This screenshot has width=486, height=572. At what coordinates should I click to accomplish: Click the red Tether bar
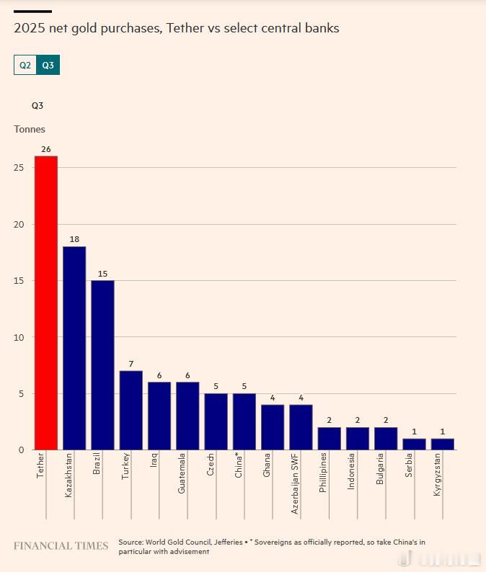pyautogui.click(x=46, y=303)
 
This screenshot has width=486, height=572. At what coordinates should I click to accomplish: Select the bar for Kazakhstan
pyautogui.click(x=74, y=348)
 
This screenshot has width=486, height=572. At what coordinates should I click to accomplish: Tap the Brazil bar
pyautogui.click(x=102, y=365)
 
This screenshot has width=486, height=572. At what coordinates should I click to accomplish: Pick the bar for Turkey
pyautogui.click(x=131, y=410)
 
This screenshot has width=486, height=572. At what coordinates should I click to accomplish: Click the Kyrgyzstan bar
pyautogui.click(x=443, y=444)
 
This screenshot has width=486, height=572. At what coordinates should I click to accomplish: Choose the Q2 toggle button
pyautogui.click(x=25, y=65)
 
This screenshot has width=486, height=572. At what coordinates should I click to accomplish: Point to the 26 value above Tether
pyautogui.click(x=46, y=149)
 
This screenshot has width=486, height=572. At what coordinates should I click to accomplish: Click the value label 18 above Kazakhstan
pyautogui.click(x=74, y=239)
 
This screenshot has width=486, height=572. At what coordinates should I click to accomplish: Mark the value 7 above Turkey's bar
pyautogui.click(x=131, y=363)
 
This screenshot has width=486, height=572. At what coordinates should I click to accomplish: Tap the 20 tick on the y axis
pyautogui.click(x=19, y=224)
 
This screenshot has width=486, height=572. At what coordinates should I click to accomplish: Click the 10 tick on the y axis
pyautogui.click(x=19, y=337)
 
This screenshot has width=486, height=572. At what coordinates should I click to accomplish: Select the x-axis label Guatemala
pyautogui.click(x=182, y=473)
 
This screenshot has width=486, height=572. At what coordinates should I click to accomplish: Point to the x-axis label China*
pyautogui.click(x=239, y=465)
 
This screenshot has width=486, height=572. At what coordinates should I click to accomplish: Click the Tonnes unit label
pyautogui.click(x=30, y=129)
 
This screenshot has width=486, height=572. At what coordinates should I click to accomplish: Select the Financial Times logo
pyautogui.click(x=61, y=546)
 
